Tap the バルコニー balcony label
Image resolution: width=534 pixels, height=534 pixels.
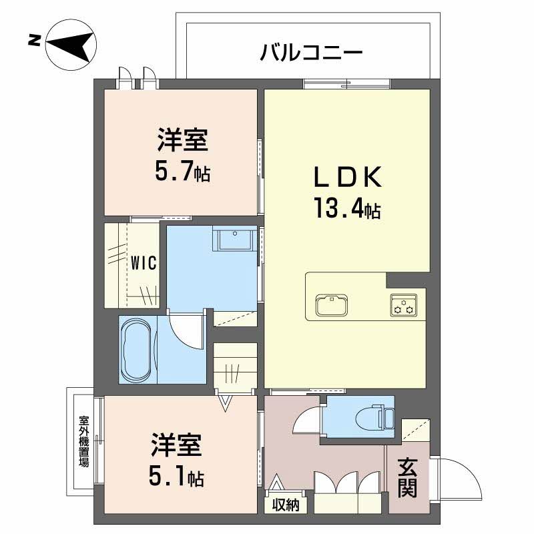pyautogui.click(x=311, y=53)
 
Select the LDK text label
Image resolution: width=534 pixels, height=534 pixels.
pyautogui.click(x=347, y=177)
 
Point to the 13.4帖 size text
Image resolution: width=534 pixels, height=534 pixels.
pyautogui.click(x=347, y=208)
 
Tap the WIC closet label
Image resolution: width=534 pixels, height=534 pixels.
pyautogui.click(x=144, y=263)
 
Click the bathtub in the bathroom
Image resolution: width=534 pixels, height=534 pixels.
pyautogui.click(x=137, y=350)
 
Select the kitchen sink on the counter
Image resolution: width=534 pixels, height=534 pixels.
pyautogui.click(x=331, y=304)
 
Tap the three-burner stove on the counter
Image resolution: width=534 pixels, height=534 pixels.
pyautogui.click(x=404, y=305)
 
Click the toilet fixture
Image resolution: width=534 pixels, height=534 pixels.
pyautogui.click(x=374, y=417)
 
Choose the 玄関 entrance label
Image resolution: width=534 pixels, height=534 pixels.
pyautogui.click(x=408, y=478)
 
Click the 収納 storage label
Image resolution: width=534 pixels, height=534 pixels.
pyautogui.click(x=286, y=505)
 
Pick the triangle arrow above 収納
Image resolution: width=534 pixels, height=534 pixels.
pyautogui.click(x=276, y=482)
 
